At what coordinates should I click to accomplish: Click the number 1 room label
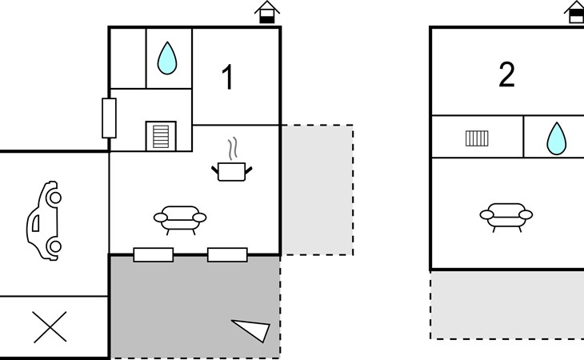[x=228, y=78]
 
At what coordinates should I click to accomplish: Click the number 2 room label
[x=506, y=75]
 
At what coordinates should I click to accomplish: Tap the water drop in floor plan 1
[x=166, y=58]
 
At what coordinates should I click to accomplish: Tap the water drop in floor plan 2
[x=555, y=138]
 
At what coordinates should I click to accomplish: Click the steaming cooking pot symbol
[x=232, y=169]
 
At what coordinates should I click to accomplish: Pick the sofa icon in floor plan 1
[x=179, y=217]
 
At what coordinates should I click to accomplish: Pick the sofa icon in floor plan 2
[x=506, y=214]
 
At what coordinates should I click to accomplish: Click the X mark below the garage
[x=50, y=327]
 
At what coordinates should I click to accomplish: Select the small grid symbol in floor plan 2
[x=477, y=138]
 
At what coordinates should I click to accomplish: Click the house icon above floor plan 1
[x=267, y=12]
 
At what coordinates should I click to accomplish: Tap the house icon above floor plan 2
[x=575, y=12]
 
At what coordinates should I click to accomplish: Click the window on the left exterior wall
[x=110, y=118]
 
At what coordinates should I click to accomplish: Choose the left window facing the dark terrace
[x=154, y=255]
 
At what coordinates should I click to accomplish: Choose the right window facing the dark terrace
[x=227, y=255]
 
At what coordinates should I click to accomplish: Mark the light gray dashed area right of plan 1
[x=317, y=190]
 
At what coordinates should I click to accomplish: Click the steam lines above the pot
[x=232, y=149]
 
